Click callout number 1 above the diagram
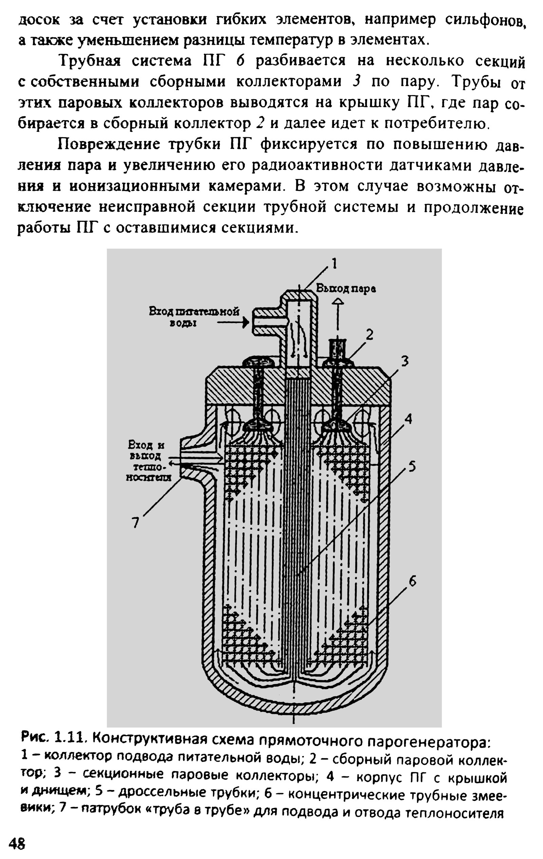click(334, 264)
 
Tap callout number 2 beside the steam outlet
click(370, 335)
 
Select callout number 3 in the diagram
click(404, 362)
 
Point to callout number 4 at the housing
click(409, 419)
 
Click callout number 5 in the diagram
click(412, 466)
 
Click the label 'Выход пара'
click(346, 289)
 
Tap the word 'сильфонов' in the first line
click(485, 20)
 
